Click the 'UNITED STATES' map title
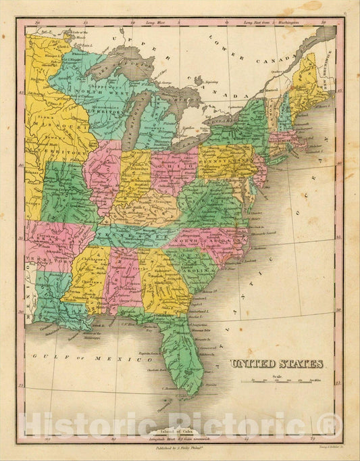click(x=277, y=364)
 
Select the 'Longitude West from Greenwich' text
click(x=179, y=439)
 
